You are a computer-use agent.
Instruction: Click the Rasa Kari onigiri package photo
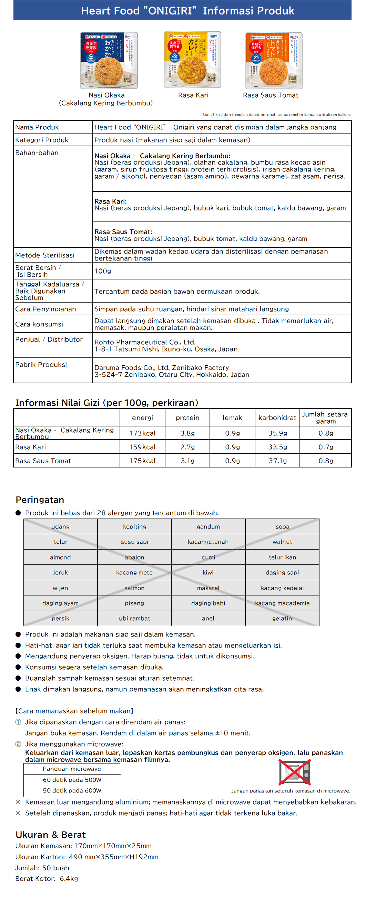[x=192, y=60]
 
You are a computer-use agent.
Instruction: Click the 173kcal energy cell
[x=142, y=433]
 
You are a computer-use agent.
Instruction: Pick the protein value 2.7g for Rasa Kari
[x=187, y=447]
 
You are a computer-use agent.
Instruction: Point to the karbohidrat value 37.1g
[x=277, y=461]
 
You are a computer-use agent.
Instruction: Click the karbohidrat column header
[x=277, y=417]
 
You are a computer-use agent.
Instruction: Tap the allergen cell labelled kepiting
[x=135, y=526]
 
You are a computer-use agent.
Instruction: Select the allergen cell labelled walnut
[x=282, y=542]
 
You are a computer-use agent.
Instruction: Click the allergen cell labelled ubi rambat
[x=135, y=619]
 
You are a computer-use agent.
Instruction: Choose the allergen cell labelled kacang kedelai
[x=282, y=588]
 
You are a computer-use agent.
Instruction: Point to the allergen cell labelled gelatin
[x=282, y=619]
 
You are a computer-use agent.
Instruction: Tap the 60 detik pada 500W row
[x=72, y=780]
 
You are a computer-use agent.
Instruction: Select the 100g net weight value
[x=103, y=271]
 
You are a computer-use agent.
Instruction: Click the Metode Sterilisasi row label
[x=45, y=255]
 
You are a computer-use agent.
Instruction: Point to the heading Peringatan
[x=40, y=500]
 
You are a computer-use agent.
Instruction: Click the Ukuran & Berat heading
[x=51, y=835]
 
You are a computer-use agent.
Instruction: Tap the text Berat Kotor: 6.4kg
[x=47, y=879]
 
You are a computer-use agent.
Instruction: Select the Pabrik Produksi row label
[x=41, y=365]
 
